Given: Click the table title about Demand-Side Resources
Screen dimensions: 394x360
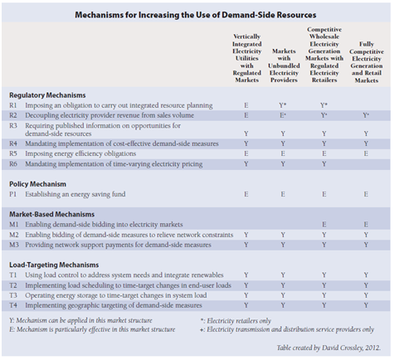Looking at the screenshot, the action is [196, 15].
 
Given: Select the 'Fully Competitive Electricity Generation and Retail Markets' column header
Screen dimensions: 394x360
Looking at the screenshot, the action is [367, 62].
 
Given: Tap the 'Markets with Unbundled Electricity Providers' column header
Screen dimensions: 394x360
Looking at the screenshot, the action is [284, 66].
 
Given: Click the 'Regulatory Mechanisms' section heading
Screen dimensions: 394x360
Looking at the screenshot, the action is [47, 95].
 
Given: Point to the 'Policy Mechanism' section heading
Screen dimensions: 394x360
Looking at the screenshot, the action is [38, 184].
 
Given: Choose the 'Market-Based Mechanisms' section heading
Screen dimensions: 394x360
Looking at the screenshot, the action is [52, 214].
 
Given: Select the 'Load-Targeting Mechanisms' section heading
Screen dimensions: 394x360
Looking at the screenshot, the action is [54, 265].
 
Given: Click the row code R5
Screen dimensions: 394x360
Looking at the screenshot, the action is [13, 153].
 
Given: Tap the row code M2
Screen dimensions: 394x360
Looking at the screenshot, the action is [14, 235].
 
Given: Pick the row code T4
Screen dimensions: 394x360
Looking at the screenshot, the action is [13, 305].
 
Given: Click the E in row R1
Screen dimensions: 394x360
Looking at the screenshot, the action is [246, 105].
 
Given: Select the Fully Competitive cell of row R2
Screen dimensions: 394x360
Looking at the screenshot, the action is [366, 115].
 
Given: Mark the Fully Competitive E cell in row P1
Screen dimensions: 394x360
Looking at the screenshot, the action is [366, 194].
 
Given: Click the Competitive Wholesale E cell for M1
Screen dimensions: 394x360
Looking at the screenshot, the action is [324, 225].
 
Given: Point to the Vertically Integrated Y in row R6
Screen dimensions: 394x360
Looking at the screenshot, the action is [246, 164].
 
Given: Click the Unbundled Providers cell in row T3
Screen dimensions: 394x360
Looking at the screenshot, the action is [283, 295].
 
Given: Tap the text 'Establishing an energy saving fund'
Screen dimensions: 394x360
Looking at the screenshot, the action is [75, 194].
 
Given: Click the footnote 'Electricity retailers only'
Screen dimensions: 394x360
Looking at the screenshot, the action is [239, 321].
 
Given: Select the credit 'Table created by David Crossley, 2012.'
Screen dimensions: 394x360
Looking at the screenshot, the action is [328, 348].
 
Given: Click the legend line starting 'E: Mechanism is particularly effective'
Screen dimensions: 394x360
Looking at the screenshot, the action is [92, 329].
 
